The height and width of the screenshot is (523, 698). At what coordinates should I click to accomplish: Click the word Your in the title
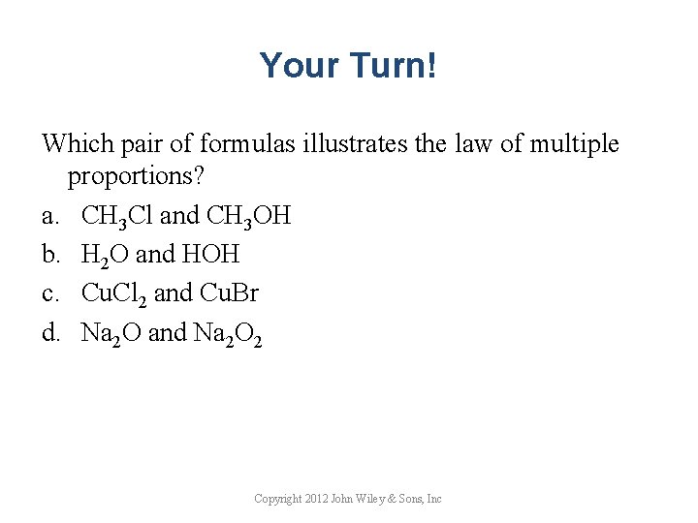tap(291, 66)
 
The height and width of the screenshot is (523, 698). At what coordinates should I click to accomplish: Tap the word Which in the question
tap(73, 144)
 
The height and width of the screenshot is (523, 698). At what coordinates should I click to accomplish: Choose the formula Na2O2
tap(229, 335)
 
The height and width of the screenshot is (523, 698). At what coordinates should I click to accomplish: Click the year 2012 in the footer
tap(316, 499)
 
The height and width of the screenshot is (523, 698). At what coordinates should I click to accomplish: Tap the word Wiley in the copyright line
tap(376, 499)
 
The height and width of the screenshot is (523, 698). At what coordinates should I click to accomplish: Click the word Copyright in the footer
tap(275, 499)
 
